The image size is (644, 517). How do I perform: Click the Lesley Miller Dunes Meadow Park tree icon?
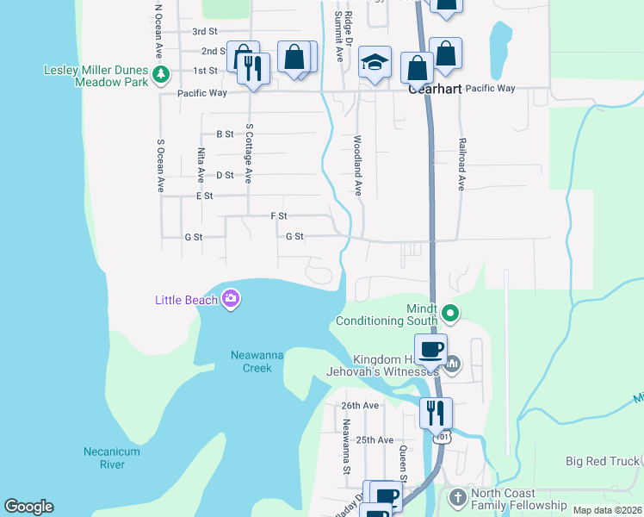click(x=160, y=75)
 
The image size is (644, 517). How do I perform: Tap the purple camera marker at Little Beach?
click(x=230, y=300)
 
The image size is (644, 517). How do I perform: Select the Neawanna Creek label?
click(x=251, y=361)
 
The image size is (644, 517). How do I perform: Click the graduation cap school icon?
click(x=375, y=62)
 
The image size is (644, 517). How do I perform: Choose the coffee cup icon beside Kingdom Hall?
click(x=430, y=349)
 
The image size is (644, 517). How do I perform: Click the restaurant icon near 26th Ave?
click(x=436, y=412)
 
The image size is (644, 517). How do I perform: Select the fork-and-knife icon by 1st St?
click(x=252, y=67)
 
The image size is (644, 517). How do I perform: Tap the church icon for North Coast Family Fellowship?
click(x=457, y=497)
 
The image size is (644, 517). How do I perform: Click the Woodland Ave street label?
click(x=356, y=165)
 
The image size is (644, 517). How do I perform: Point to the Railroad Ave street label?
click(x=461, y=163)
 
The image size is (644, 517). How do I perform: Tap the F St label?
click(x=278, y=215)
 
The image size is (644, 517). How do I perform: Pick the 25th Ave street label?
click(x=375, y=439)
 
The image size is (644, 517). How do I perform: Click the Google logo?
click(x=28, y=507)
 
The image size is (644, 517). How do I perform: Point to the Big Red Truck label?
click(x=604, y=461)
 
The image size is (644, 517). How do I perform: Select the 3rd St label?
click(x=203, y=31)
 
